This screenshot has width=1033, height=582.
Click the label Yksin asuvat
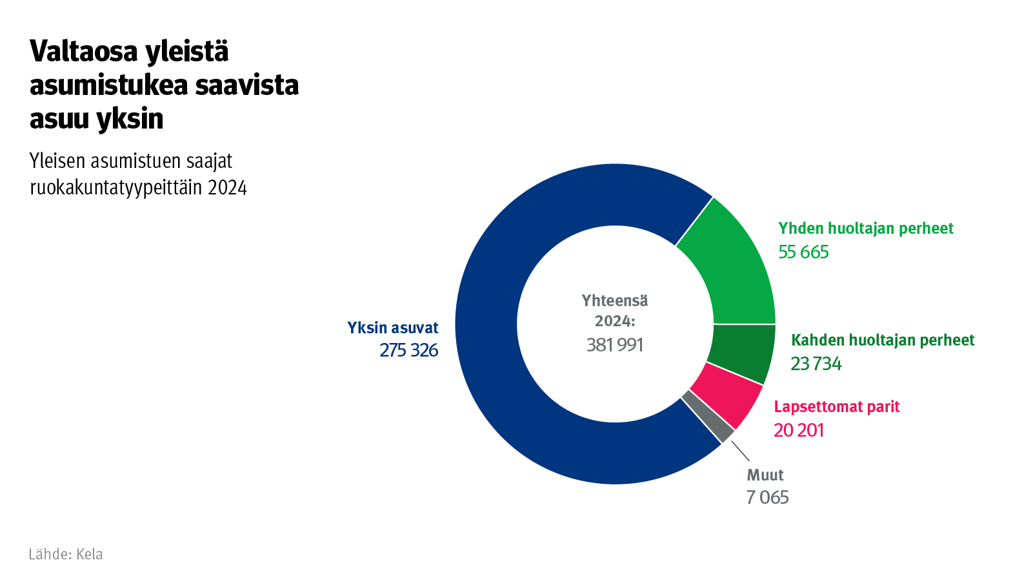click(x=392, y=327)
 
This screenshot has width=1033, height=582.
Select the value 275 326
click(x=408, y=350)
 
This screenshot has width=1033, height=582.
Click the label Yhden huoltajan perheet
click(x=865, y=228)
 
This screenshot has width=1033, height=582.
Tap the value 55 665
click(x=803, y=252)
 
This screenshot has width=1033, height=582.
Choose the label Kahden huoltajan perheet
click(x=882, y=340)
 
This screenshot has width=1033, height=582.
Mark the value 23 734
click(x=816, y=364)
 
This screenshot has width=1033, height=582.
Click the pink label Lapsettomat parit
click(x=836, y=406)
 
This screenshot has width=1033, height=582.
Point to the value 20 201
click(x=798, y=430)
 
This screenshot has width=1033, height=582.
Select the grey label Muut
click(x=765, y=475)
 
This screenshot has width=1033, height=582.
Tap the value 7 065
click(x=767, y=497)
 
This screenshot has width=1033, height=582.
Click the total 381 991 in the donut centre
click(x=615, y=345)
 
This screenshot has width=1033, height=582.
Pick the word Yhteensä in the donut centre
click(x=615, y=300)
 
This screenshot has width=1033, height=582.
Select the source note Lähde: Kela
click(x=66, y=554)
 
